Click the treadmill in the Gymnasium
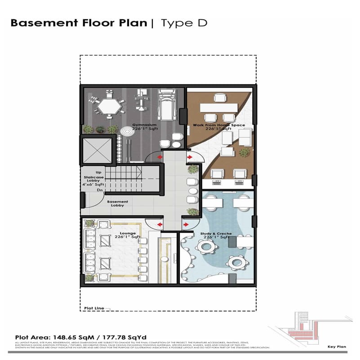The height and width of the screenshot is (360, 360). point(166,106)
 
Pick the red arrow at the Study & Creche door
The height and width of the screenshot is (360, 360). point(186,224)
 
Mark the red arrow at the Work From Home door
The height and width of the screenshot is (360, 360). point(190,157)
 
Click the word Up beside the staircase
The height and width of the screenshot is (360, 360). point(98,172)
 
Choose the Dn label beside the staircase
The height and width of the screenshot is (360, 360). point(99,190)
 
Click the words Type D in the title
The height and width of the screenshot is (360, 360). point(184,23)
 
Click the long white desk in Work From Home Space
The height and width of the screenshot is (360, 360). point(218,108)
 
